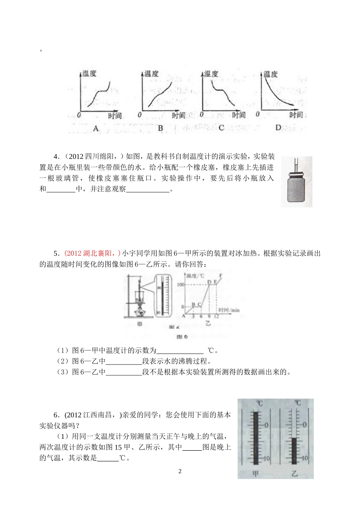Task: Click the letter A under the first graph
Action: (95, 129)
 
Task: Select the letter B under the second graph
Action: (160, 129)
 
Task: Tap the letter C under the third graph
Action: (221, 128)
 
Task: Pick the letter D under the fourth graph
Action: (278, 128)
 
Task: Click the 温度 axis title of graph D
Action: (271, 74)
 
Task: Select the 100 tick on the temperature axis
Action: (180, 285)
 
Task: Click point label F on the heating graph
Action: (221, 276)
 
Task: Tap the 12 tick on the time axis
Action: (216, 316)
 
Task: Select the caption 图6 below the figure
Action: (183, 336)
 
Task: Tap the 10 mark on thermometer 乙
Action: (305, 458)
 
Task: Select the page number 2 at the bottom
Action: (180, 471)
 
